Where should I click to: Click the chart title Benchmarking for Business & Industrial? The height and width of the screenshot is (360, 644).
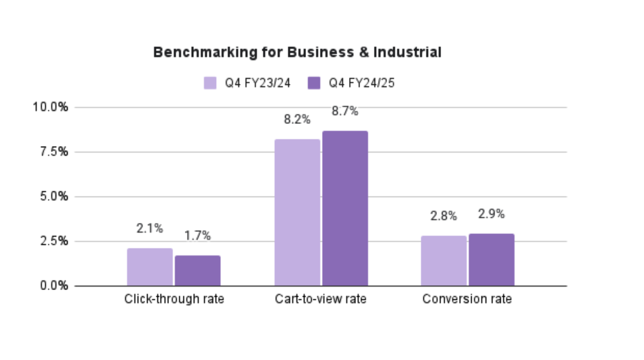pyautogui.click(x=297, y=53)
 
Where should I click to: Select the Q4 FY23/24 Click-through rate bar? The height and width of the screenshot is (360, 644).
pyautogui.click(x=150, y=267)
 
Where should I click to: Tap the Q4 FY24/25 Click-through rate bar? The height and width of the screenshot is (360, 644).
pyautogui.click(x=197, y=271)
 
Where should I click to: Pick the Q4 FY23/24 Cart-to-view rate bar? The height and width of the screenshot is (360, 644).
pyautogui.click(x=297, y=213)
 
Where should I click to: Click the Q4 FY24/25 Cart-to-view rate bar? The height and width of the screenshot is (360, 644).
pyautogui.click(x=345, y=208)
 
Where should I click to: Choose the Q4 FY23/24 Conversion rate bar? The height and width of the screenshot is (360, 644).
pyautogui.click(x=444, y=261)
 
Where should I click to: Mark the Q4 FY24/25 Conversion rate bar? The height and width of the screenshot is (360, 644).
pyautogui.click(x=492, y=260)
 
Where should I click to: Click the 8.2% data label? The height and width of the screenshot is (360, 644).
pyautogui.click(x=297, y=120)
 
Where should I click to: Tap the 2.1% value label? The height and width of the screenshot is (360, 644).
pyautogui.click(x=150, y=228)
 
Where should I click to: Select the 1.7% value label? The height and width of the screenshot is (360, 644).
pyautogui.click(x=197, y=236)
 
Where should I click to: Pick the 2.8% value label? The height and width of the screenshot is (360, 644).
pyautogui.click(x=444, y=216)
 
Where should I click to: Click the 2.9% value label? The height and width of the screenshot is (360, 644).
pyautogui.click(x=492, y=214)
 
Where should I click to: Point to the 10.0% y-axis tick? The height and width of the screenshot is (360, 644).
pyautogui.click(x=50, y=107)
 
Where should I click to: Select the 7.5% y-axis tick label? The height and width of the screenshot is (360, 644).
pyautogui.click(x=53, y=152)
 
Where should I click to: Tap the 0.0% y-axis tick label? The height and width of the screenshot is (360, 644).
pyautogui.click(x=53, y=286)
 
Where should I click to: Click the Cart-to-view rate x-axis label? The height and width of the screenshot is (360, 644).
pyautogui.click(x=321, y=300)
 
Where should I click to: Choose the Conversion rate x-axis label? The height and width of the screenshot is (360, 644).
pyautogui.click(x=467, y=300)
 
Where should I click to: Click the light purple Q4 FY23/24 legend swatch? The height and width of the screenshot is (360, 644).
pyautogui.click(x=211, y=83)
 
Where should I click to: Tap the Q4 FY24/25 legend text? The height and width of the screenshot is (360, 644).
pyautogui.click(x=361, y=83)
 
